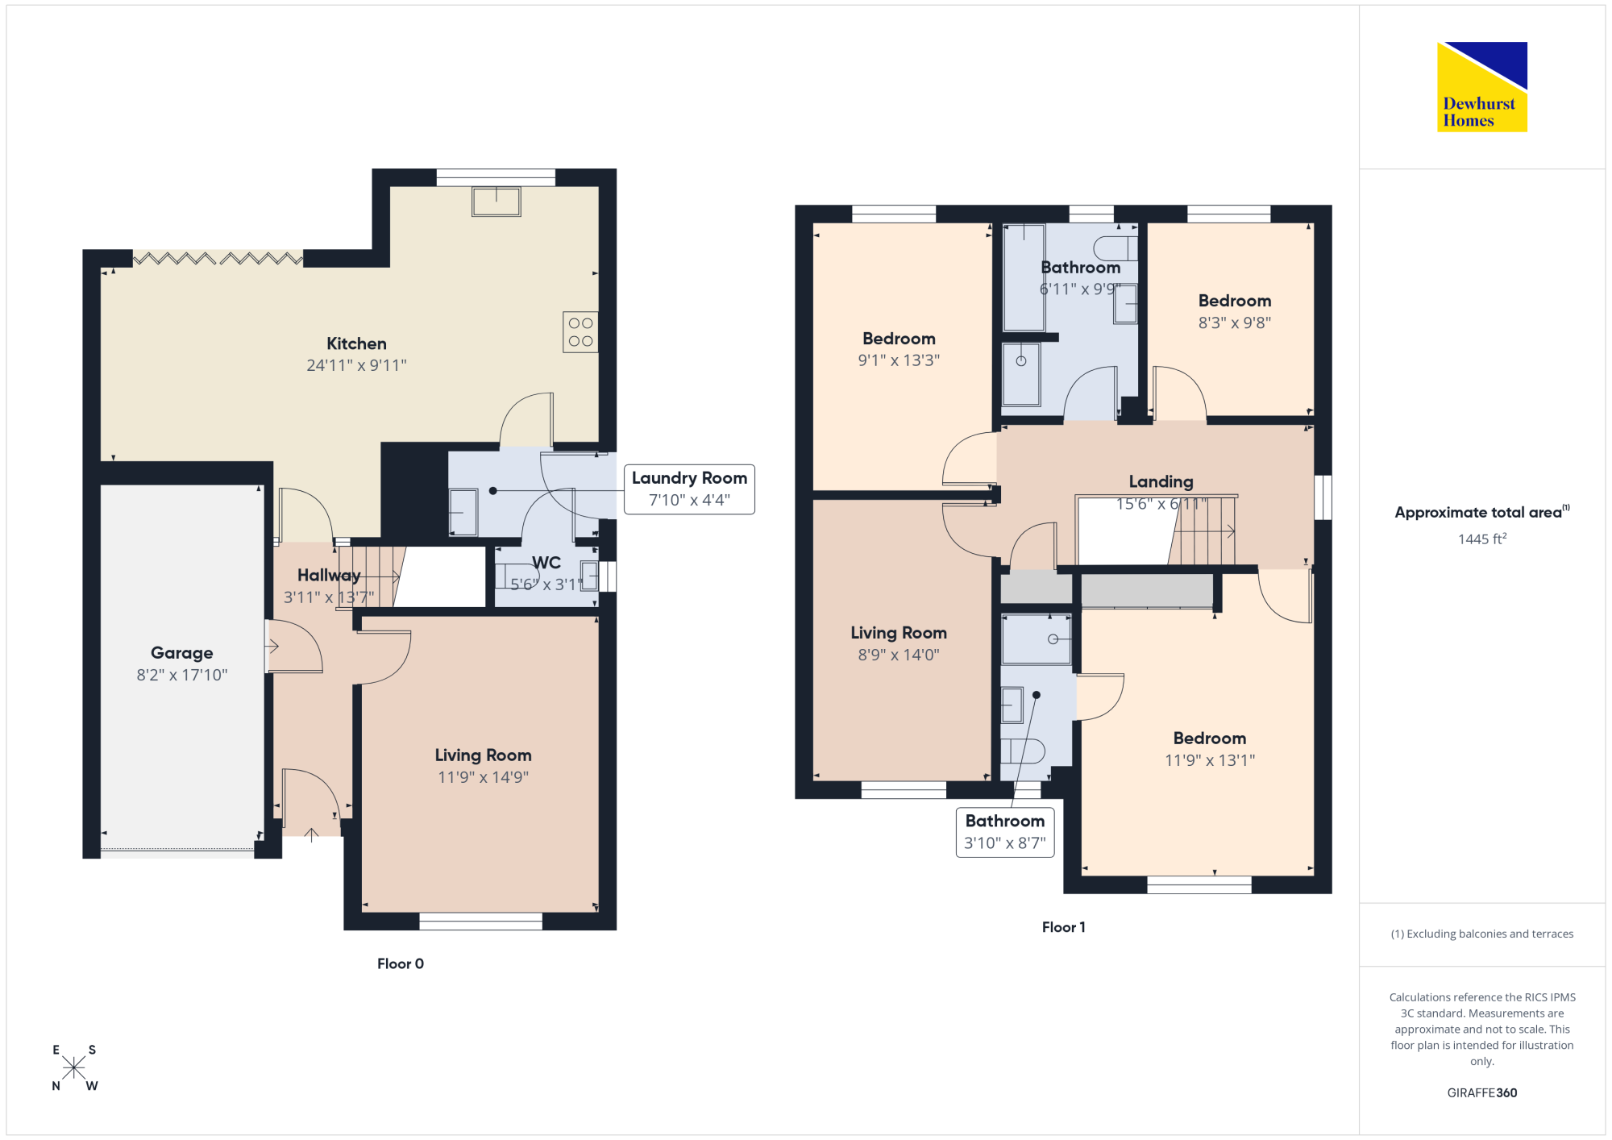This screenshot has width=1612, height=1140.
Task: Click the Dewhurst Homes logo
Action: coord(1481,86)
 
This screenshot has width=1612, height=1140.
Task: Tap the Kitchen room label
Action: coord(356,343)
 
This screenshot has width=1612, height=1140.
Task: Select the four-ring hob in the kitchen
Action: coord(580,331)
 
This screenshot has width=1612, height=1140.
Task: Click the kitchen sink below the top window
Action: coord(496,201)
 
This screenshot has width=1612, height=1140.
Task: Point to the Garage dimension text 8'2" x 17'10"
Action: coord(182,675)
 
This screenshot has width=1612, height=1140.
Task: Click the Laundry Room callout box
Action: coord(689,489)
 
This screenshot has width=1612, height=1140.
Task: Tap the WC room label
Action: coord(546,563)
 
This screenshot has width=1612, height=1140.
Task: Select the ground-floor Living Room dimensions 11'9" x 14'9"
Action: coord(483,777)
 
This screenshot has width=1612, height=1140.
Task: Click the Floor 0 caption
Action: coord(401,963)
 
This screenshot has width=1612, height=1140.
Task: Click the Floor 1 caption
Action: coord(1064,927)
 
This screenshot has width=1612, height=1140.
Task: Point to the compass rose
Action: coord(74,1067)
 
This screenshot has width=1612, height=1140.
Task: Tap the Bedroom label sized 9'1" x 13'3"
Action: coord(899,339)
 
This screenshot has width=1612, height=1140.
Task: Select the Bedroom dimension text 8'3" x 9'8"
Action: coord(1235,322)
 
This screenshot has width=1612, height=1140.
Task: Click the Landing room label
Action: coord(1161,481)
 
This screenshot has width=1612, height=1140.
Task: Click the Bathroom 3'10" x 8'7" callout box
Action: coord(1005,832)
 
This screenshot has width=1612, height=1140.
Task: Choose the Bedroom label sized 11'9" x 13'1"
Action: coord(1210,739)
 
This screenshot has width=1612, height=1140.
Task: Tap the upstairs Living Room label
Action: coord(899,633)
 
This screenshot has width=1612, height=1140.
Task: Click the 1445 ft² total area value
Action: coord(1482,539)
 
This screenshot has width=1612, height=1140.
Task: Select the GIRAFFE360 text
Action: coord(1482,1093)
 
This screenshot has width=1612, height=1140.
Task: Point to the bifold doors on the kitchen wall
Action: coord(218,258)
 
